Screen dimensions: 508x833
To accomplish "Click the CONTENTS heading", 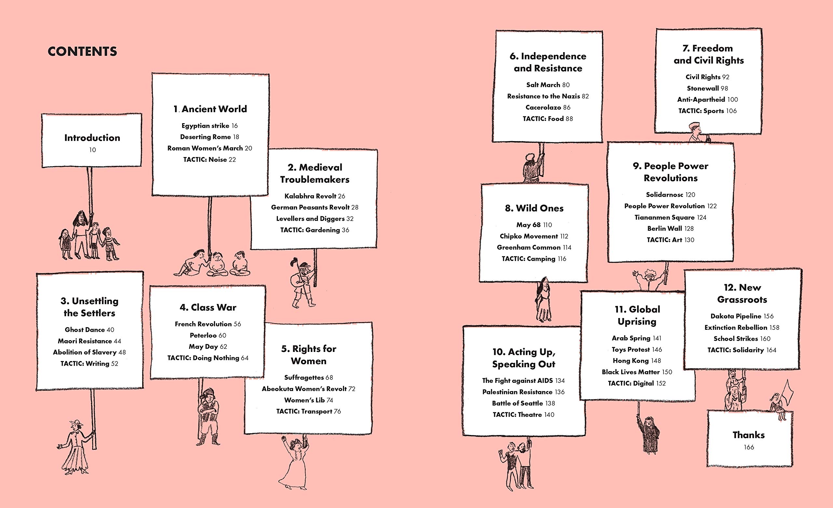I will pyautogui.click(x=83, y=51).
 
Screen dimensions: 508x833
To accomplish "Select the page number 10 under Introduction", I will pyautogui.click(x=93, y=150).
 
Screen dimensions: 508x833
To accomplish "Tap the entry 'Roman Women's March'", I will pyautogui.click(x=205, y=148).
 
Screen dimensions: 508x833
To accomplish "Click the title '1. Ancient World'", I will pyautogui.click(x=210, y=109).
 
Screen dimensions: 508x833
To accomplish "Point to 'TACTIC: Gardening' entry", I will pyautogui.click(x=310, y=230).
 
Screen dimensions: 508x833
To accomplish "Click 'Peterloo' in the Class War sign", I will pyautogui.click(x=203, y=335).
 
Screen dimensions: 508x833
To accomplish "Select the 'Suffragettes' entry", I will pyautogui.click(x=304, y=377).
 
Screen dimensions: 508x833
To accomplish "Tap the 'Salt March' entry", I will pyautogui.click(x=543, y=85).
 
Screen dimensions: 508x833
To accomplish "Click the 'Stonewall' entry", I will pyautogui.click(x=703, y=88).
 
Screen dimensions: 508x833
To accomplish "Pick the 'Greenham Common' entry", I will pyautogui.click(x=529, y=247).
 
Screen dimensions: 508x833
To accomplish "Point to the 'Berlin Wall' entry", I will pyautogui.click(x=664, y=228).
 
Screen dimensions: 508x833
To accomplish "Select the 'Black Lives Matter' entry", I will pyautogui.click(x=631, y=372).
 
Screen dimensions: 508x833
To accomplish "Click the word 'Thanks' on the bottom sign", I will pyautogui.click(x=748, y=435).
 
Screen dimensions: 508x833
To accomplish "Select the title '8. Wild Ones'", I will pyautogui.click(x=534, y=208).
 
